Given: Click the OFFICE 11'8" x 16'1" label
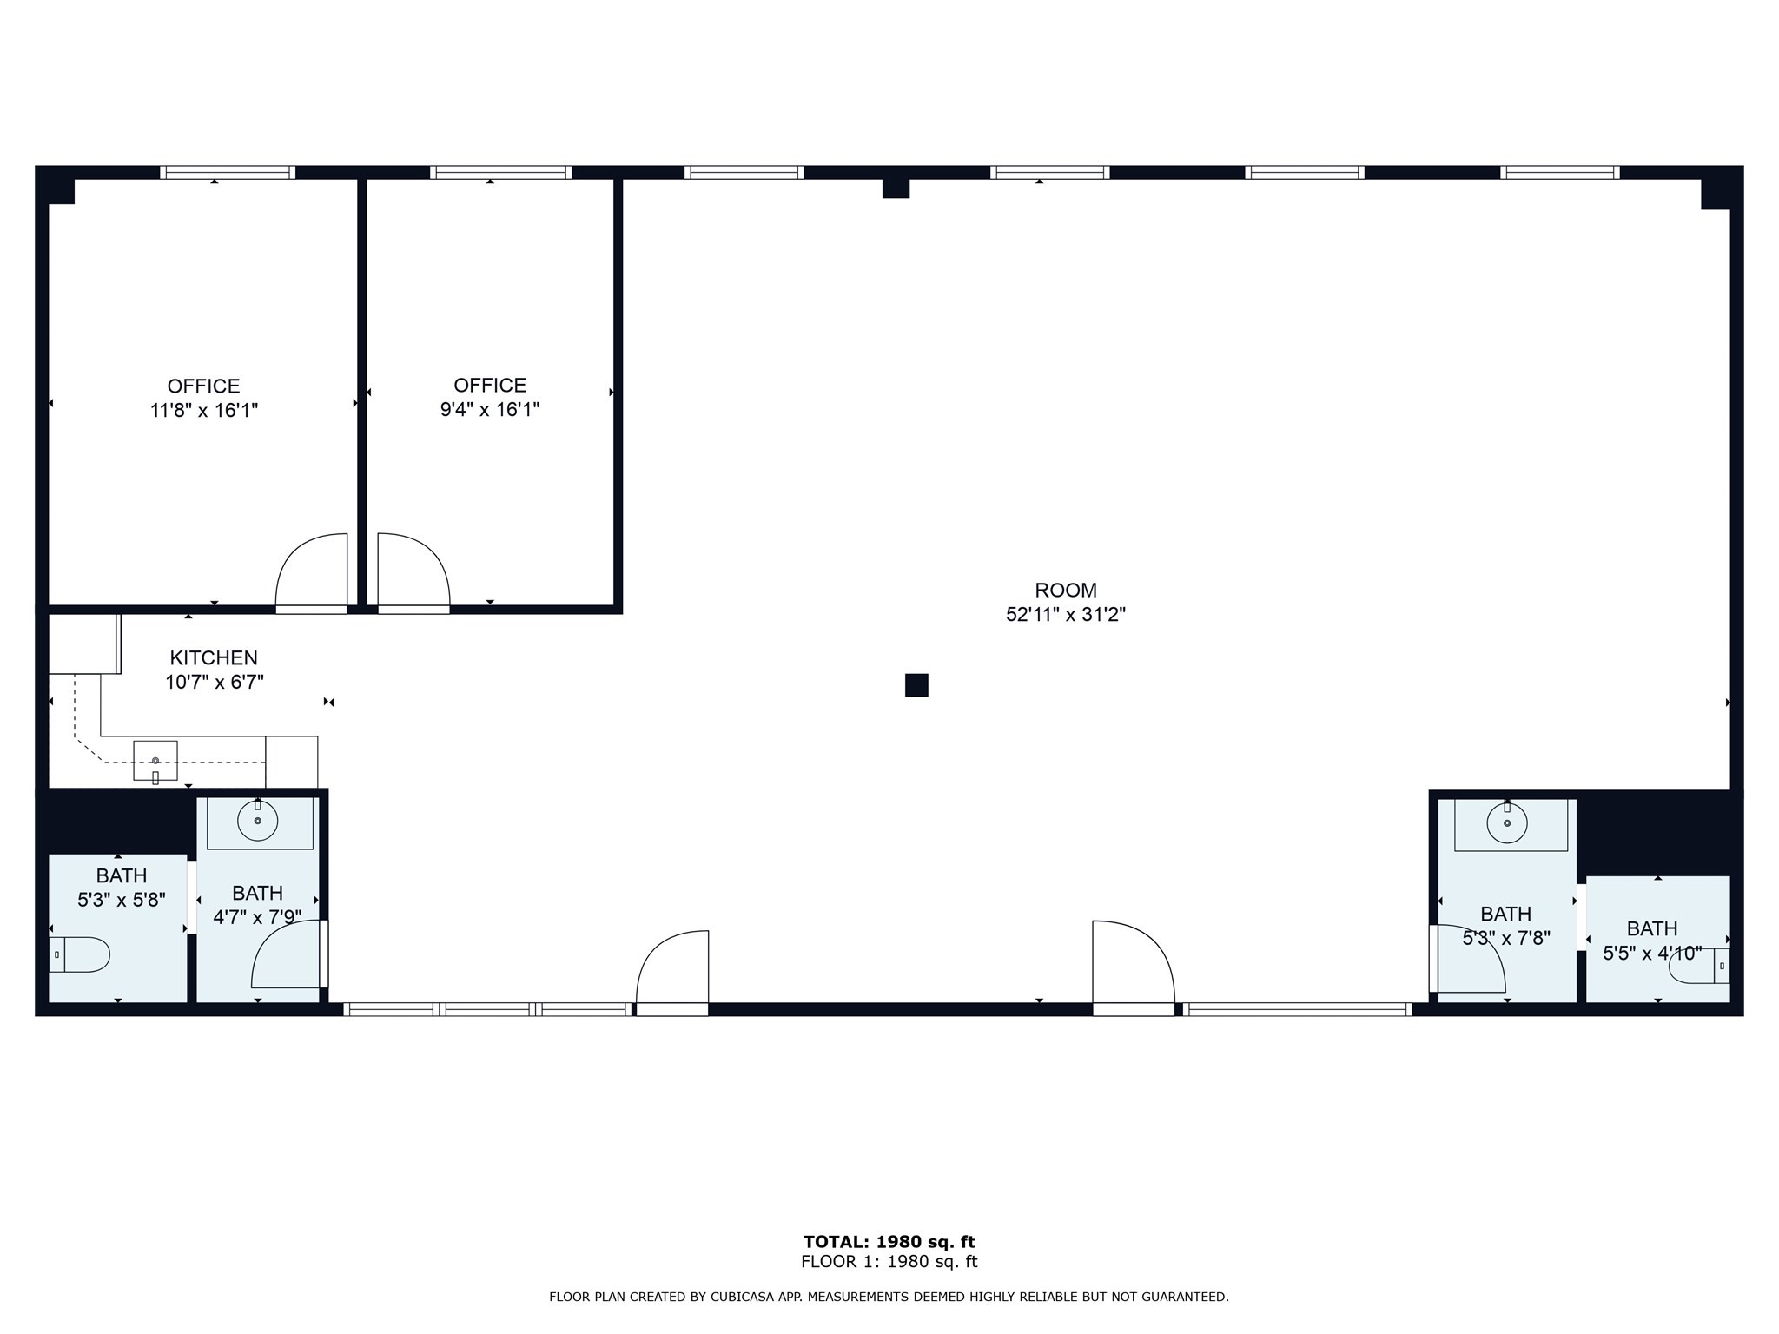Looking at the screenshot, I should [x=204, y=398].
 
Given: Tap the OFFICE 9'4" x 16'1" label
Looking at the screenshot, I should [x=490, y=397].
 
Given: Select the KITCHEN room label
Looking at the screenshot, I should [x=214, y=658].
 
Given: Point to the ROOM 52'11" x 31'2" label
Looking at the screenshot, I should [x=1066, y=602].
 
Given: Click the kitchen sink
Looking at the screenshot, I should [x=155, y=761].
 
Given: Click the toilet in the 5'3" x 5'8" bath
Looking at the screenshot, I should [x=81, y=954].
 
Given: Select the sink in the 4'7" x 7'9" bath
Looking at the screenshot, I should [x=258, y=820].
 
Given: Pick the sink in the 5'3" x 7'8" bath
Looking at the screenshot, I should [x=1507, y=822].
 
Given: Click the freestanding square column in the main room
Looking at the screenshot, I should [x=916, y=685].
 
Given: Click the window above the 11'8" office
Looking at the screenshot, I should [x=228, y=172].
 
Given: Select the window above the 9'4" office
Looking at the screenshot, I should [x=500, y=172].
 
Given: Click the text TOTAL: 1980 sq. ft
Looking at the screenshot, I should [x=889, y=1242].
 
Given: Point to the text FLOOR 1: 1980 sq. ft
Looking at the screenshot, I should [x=889, y=1262].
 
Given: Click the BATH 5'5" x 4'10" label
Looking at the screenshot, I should [x=1652, y=941].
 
